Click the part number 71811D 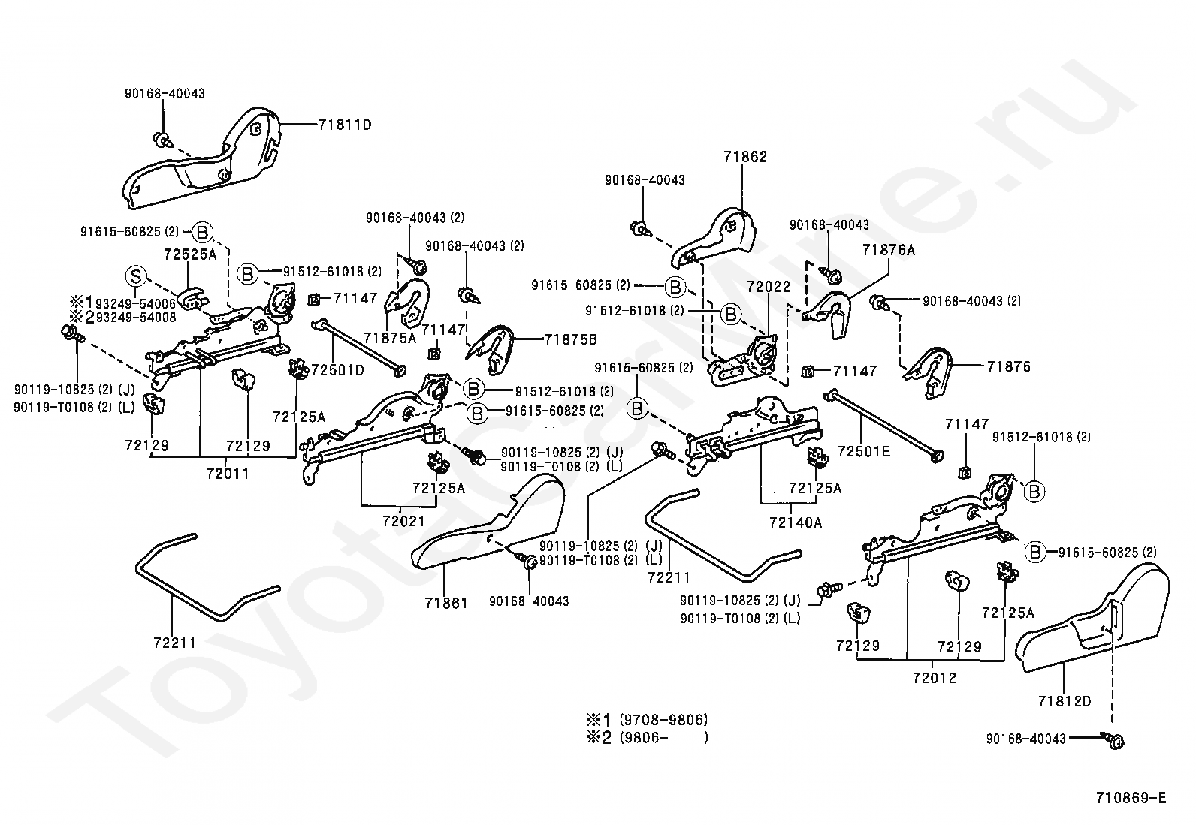pos(345,125)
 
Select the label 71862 pos(745,157)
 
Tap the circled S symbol pos(136,276)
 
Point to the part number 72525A pos(190,254)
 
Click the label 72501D pos(337,370)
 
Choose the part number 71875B pos(570,339)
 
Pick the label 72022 pos(769,287)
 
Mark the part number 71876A pos(889,250)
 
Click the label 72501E pos(864,451)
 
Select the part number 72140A pos(796,522)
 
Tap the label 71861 pos(446,603)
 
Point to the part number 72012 pos(935,679)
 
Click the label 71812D pos(1065,701)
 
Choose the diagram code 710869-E pos(1131,798)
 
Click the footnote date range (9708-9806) pos(663,720)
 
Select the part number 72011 pos(228,474)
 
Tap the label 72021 pos(403,521)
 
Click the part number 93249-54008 pos(136,317)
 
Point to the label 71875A pos(390,338)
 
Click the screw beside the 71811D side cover pos(162,140)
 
